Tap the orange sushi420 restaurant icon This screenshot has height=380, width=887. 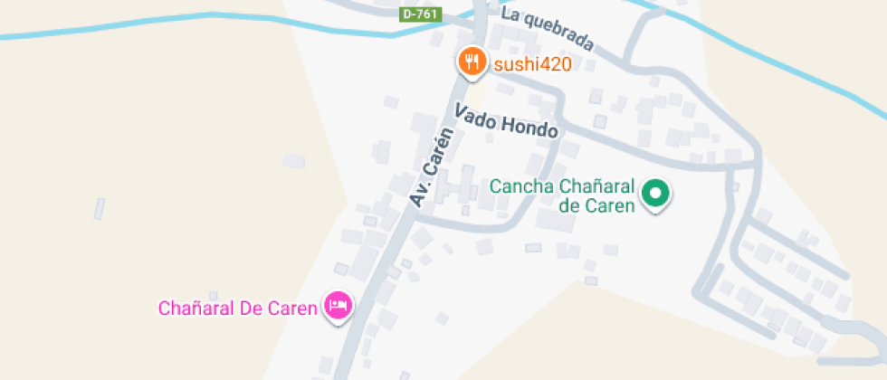tap(471, 62)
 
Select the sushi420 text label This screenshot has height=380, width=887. tap(531, 64)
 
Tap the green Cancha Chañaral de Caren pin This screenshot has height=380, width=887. tap(654, 193)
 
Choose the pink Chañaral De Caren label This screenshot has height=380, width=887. tap(237, 308)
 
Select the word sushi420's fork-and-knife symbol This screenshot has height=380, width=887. tap(471, 62)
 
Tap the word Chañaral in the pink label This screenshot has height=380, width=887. tap(196, 308)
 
